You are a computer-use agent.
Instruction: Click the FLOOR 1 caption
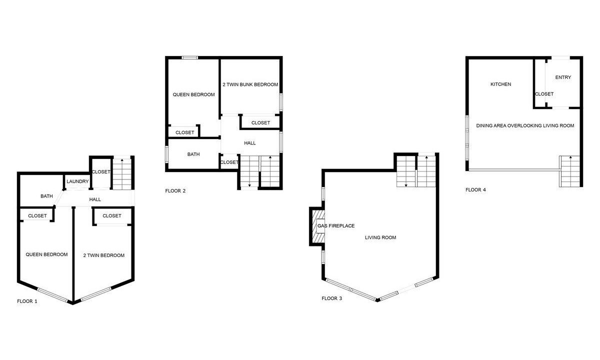pos(27,301)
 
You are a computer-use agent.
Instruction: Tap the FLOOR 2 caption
pos(175,191)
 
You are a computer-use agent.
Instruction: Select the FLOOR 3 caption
pos(331,298)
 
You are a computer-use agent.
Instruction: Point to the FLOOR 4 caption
pos(475,190)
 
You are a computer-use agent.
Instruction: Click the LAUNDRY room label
pos(77,181)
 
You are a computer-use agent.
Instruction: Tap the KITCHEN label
pos(500,84)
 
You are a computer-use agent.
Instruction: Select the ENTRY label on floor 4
pos(563,77)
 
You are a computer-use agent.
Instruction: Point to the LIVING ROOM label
pos(380,237)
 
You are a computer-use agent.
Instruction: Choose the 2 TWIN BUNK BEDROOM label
pos(250,84)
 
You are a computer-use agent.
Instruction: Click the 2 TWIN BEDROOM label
pos(103,255)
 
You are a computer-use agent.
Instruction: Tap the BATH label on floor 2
pos(193,154)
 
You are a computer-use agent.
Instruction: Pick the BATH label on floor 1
pos(46,196)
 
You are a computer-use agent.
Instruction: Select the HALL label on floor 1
pos(95,199)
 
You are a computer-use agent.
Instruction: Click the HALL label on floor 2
pos(249,143)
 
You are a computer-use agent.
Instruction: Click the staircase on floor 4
pos(570,171)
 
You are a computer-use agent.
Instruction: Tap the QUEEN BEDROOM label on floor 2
pos(193,95)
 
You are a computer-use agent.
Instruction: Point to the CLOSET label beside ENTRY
pos(544,94)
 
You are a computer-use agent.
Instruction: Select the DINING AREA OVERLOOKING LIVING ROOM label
pos(525,125)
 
